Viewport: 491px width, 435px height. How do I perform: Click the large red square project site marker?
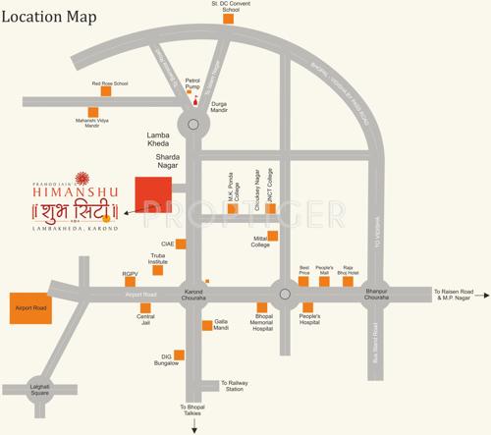coord(151,191)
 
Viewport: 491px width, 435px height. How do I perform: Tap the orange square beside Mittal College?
coord(273,237)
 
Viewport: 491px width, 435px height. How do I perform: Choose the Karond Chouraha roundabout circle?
coord(193,292)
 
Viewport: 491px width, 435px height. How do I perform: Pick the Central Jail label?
coord(145,321)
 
